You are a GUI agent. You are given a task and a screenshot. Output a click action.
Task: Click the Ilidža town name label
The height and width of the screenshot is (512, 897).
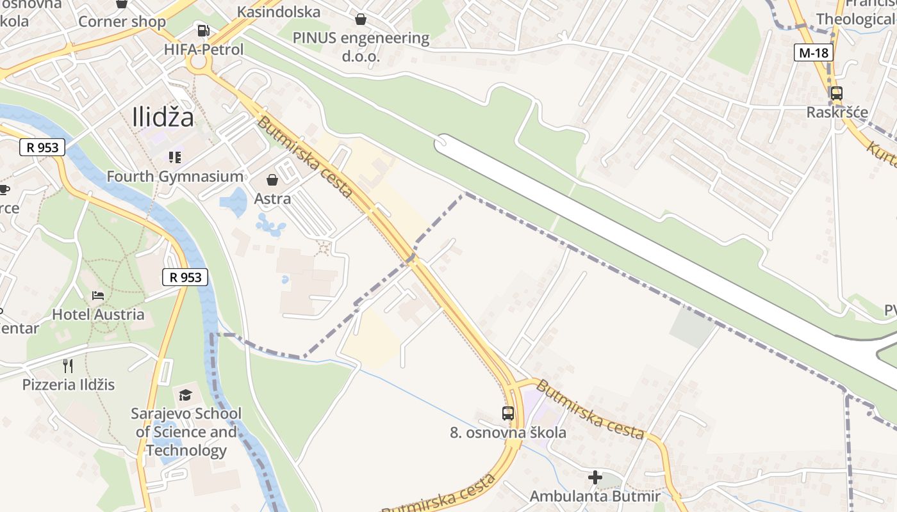(x=163, y=117)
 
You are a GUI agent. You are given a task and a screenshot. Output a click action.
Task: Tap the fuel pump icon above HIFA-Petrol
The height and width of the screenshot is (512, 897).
(x=203, y=30)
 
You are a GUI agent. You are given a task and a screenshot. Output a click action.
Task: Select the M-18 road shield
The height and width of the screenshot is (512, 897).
(x=814, y=52)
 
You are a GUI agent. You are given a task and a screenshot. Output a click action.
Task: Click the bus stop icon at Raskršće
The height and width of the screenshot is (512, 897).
(x=836, y=93)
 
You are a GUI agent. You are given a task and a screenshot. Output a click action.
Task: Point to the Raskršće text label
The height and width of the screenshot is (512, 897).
(x=837, y=113)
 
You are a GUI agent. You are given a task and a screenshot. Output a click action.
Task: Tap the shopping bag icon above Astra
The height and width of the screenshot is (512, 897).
(x=272, y=180)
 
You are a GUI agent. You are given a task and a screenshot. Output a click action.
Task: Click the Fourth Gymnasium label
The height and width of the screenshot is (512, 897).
(x=174, y=177)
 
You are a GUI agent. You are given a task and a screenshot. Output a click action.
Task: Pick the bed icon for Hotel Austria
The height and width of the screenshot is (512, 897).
(x=98, y=296)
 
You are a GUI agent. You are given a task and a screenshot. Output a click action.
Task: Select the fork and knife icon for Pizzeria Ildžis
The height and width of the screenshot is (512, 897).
(x=68, y=365)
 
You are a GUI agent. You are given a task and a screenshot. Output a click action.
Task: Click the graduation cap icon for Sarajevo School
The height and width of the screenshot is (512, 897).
(x=185, y=395)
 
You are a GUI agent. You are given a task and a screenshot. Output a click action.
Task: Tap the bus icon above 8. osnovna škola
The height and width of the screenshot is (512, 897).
(x=508, y=413)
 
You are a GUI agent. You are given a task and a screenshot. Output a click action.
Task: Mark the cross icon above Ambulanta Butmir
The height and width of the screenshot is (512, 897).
(x=595, y=477)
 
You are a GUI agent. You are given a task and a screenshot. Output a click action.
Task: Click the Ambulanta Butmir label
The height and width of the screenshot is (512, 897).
(x=595, y=496)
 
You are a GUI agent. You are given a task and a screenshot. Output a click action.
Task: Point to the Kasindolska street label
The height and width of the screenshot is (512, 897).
(x=279, y=12)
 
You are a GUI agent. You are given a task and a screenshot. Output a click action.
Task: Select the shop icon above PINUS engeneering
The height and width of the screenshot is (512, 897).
(x=361, y=19)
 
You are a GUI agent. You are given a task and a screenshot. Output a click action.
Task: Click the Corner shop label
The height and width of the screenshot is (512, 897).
(x=122, y=22)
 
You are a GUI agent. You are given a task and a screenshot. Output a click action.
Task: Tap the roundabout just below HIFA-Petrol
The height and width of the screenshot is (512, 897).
(x=199, y=63)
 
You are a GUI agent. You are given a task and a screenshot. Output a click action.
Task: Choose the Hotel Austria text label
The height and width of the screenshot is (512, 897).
(x=98, y=314)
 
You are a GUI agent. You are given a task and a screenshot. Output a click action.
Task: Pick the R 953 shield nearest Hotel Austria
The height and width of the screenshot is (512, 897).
(x=185, y=277)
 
